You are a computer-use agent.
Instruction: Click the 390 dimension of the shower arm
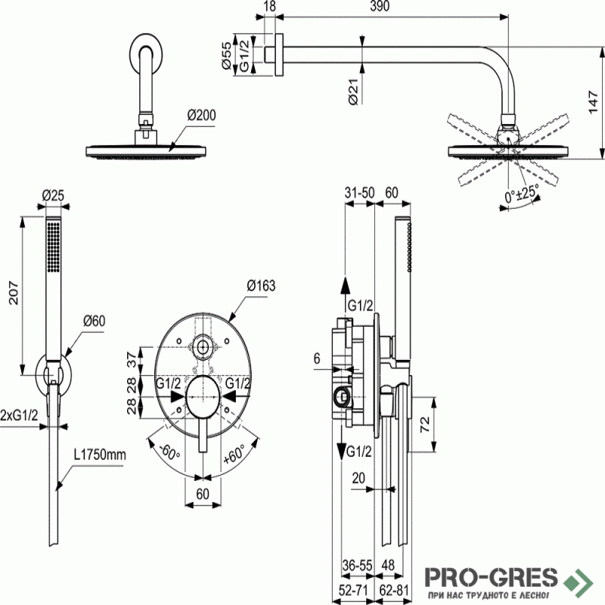pos(380,6)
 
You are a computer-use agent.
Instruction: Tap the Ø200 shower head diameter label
pos(201,115)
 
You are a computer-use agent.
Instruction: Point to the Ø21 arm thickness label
pos(353,92)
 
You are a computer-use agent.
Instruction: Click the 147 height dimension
pos(594,102)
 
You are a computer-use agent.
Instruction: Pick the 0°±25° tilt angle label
pos(521,193)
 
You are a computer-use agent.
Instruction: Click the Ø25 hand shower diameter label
pos(53,195)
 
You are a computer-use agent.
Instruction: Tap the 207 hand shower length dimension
pos(14,293)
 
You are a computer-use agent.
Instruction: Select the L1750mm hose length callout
pos(100,455)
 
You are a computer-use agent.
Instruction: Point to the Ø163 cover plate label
pos(261,286)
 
